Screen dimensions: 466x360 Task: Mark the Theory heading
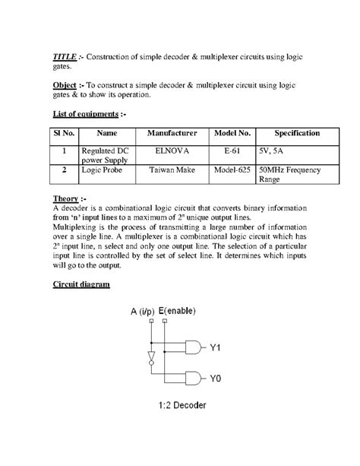[x=68, y=199]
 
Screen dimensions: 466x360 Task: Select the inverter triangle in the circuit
[x=151, y=357]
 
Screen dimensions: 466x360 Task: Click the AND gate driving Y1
[x=195, y=348]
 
